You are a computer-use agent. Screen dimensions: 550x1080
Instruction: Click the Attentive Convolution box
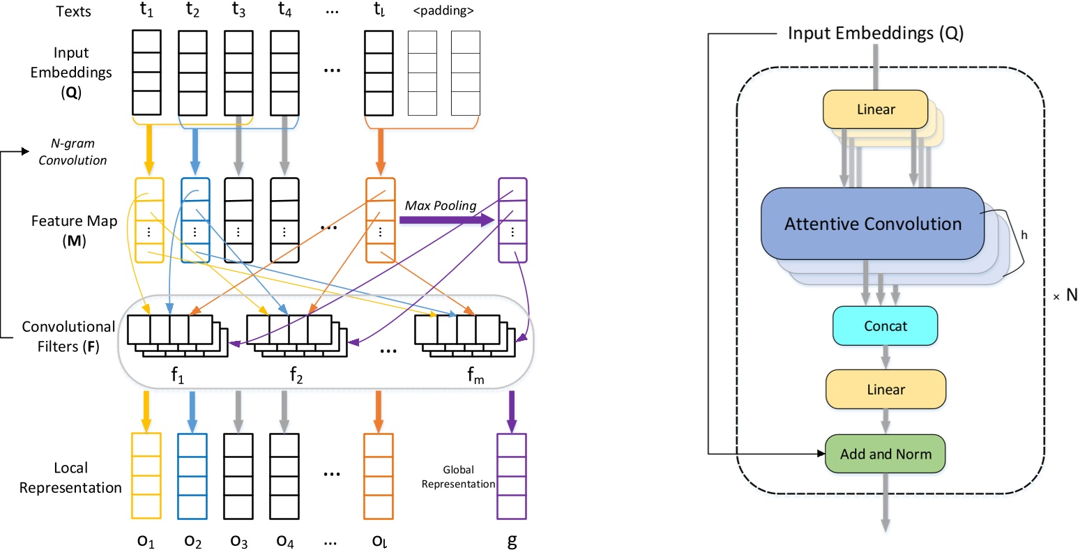pos(872,224)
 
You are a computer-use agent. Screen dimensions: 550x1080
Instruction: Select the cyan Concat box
pos(885,326)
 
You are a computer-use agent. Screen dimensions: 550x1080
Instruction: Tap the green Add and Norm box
pos(885,454)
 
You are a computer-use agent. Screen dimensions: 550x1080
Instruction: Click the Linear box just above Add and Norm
pos(885,389)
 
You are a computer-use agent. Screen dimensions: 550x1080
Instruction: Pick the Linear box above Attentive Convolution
pos(875,109)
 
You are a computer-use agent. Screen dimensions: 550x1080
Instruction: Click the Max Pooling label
pos(441,206)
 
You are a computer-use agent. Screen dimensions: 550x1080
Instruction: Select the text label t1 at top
pos(146,11)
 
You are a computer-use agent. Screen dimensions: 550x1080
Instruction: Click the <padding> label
pos(443,11)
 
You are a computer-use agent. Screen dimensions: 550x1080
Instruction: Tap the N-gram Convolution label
pos(73,152)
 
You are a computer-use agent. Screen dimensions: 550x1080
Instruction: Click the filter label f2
pos(296,376)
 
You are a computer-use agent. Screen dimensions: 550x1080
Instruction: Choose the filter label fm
pos(476,376)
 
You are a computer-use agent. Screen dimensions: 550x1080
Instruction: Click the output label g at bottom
pos(512,541)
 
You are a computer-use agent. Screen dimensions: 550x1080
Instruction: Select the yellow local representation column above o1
pos(146,476)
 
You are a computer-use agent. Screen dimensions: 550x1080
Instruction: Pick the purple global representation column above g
pos(511,476)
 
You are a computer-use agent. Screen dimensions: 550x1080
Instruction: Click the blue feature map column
pos(195,220)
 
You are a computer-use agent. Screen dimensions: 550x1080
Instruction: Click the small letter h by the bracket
pos(1024,235)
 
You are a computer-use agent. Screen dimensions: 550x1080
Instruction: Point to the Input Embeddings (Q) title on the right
pos(875,33)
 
